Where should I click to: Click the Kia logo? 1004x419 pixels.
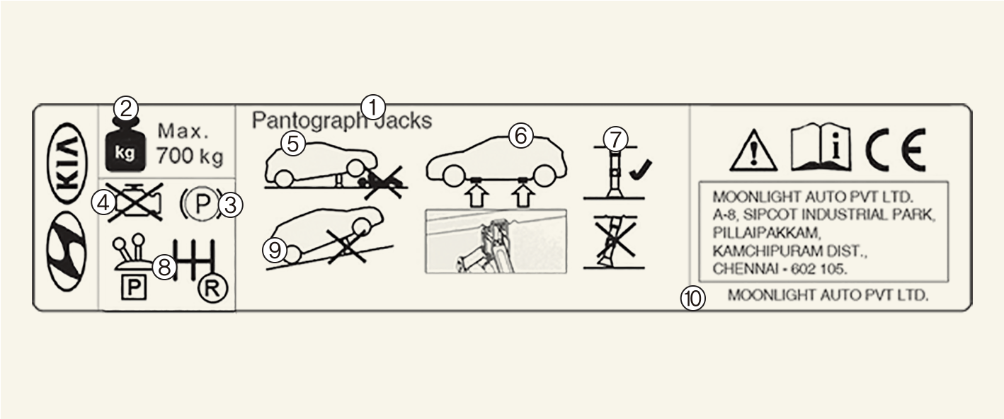coord(67,162)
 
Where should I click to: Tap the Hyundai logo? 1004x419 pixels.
coord(67,251)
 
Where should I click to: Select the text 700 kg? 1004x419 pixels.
coord(190,156)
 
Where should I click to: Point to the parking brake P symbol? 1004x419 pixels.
coord(201,205)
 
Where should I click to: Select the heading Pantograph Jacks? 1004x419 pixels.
coord(341,120)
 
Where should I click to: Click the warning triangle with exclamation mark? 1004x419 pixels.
coord(753,151)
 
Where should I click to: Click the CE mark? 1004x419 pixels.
coord(896,149)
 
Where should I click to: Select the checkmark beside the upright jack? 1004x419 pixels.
coord(641,169)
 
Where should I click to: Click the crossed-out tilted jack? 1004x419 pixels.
coord(614,242)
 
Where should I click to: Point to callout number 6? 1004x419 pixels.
coord(521,135)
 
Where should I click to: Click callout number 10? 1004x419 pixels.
coord(693,298)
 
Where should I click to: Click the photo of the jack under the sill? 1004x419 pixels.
coord(496,241)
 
